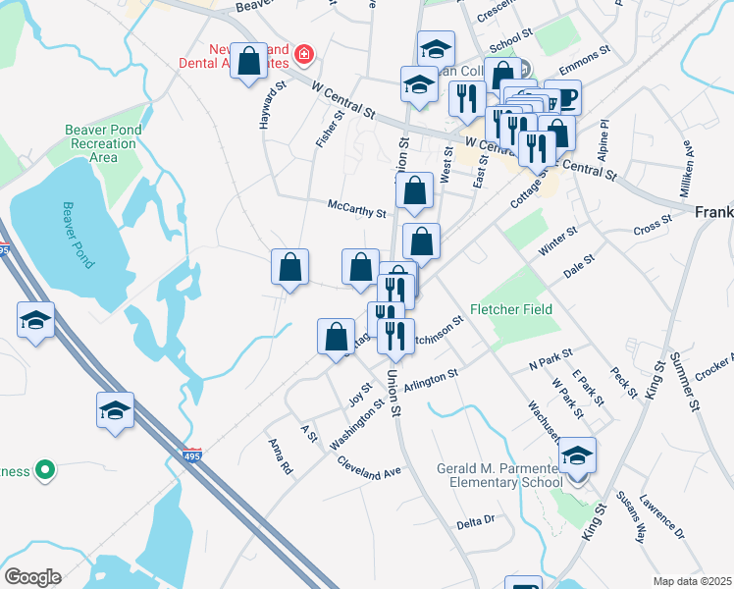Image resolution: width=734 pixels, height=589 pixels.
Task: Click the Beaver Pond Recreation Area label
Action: coord(103,143)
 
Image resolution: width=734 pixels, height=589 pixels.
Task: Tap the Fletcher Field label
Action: coord(511,309)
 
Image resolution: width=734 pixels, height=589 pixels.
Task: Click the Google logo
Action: coord(32,576)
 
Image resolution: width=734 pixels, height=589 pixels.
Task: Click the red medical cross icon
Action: coord(303,51)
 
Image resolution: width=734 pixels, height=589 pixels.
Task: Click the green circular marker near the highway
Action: coord(44,471)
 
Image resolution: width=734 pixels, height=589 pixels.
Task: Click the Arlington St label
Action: coord(432,377)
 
